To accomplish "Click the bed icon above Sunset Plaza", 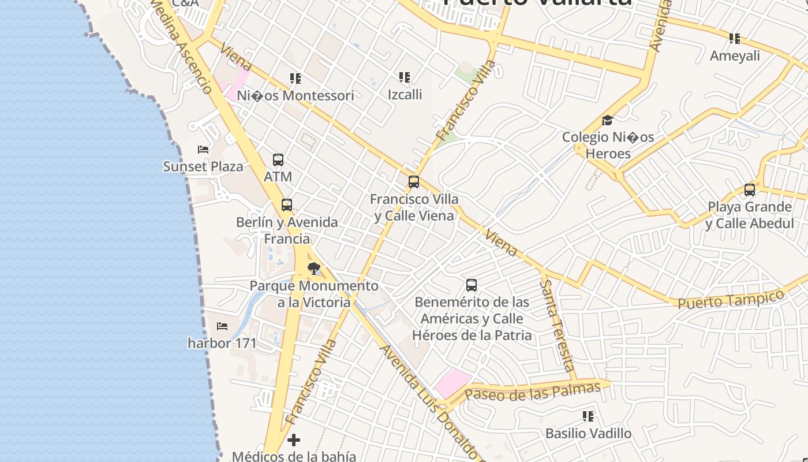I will click(203, 150).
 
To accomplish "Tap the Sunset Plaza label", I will click(203, 167).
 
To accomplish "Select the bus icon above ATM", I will click(278, 160).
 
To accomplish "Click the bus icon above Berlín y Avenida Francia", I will click(287, 205).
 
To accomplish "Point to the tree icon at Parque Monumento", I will click(314, 269).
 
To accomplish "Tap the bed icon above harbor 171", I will click(222, 326).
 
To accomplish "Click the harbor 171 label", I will click(222, 343).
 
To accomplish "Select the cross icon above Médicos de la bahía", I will click(294, 440).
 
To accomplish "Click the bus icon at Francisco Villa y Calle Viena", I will click(414, 182).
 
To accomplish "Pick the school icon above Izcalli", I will click(405, 77).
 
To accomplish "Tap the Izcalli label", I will click(405, 94).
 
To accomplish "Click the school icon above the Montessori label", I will click(295, 78).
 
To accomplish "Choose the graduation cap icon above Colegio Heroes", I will click(607, 121).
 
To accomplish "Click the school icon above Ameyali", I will click(735, 39).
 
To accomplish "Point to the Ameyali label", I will click(735, 56).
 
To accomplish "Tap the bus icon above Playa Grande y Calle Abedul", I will click(750, 189).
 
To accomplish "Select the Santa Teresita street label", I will click(557, 326).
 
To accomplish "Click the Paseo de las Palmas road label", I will click(533, 392).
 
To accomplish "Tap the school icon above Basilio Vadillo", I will click(588, 416).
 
